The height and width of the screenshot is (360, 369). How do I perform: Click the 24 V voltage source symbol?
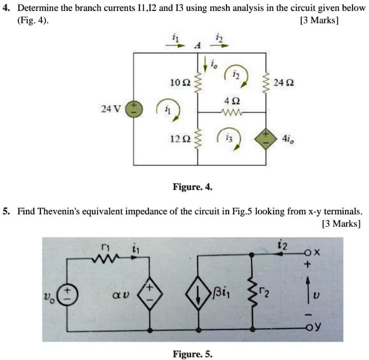tap(133, 108)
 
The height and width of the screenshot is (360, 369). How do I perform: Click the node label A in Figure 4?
tap(198, 45)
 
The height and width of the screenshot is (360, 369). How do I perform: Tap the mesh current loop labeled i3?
tap(230, 136)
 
